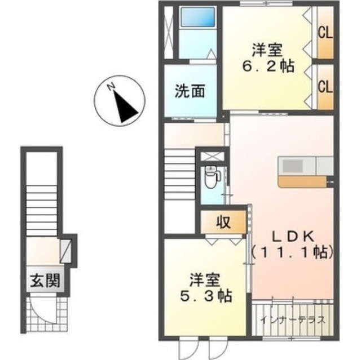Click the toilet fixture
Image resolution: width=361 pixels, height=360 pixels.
[212, 177]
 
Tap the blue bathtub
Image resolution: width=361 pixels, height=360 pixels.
[198, 17]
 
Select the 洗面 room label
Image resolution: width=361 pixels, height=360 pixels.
[190, 91]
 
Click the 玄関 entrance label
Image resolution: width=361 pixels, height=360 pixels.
[45, 280]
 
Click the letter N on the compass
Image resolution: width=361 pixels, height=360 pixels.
[111, 87]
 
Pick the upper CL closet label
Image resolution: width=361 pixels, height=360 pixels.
[325, 33]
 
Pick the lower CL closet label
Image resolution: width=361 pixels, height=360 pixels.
[325, 86]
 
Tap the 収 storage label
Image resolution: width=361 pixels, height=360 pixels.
[223, 222]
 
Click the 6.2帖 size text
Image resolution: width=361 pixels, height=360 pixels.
[267, 66]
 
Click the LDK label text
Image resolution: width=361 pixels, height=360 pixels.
[293, 237]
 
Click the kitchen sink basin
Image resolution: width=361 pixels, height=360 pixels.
[292, 166]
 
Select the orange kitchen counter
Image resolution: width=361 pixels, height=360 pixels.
[302, 181]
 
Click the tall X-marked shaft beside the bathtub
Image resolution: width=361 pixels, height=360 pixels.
[168, 33]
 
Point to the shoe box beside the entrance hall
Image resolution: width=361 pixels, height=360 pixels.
[65, 251]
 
